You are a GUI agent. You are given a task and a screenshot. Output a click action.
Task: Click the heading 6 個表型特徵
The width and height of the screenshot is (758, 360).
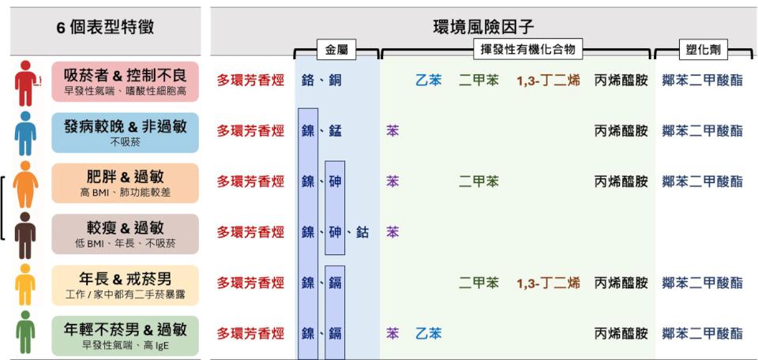[105, 27]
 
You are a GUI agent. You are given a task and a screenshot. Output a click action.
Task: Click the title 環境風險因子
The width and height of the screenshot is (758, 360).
[483, 27]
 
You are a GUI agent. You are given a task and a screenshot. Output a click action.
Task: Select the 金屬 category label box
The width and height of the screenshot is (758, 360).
[336, 49]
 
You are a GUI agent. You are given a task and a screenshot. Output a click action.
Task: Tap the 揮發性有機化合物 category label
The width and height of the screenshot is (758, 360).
[528, 49]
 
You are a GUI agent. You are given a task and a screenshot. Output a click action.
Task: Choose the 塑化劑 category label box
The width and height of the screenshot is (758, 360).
[704, 49]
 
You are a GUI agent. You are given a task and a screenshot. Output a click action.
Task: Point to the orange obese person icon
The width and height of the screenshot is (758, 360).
[25, 184]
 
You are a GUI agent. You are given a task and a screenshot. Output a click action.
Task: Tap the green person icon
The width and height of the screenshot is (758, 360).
[25, 332]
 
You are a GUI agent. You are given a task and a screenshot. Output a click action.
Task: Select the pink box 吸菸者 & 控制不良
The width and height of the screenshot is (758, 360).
[126, 81]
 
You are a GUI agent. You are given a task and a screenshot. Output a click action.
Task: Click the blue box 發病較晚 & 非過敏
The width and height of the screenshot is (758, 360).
[126, 133]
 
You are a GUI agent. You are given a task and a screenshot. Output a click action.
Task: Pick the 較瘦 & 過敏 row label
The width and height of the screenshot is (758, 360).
[126, 234]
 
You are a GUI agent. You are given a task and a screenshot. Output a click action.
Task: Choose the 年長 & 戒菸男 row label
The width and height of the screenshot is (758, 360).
[126, 285]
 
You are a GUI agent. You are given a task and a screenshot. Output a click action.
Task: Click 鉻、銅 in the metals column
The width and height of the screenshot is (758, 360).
[321, 81]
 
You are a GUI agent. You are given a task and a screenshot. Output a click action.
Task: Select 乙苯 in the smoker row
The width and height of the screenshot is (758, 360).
[428, 81]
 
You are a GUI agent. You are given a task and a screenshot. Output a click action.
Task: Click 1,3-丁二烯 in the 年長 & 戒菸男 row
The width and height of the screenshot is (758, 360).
[548, 283]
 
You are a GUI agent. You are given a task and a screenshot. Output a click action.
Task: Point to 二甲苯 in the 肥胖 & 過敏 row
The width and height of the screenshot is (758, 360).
[478, 182]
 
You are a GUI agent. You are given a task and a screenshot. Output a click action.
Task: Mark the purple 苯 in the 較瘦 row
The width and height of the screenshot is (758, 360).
[392, 232]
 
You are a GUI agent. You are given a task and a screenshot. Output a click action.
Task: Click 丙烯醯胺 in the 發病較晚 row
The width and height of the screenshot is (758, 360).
[621, 131]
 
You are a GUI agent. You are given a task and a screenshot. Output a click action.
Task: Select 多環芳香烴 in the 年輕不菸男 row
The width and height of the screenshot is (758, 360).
[250, 333]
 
